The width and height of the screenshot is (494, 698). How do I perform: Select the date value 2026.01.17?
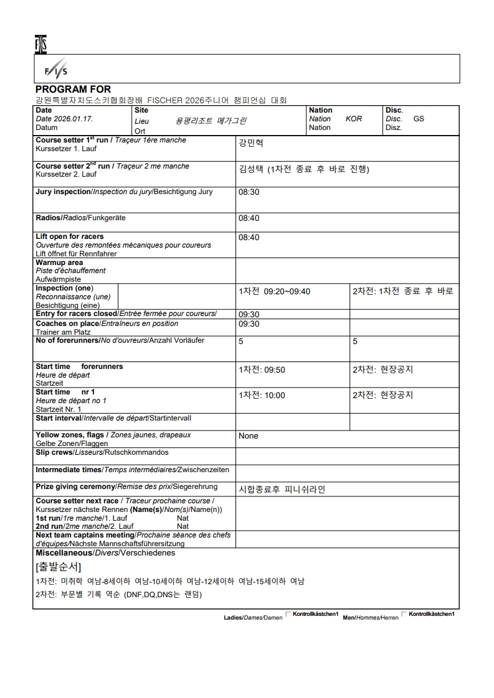74,119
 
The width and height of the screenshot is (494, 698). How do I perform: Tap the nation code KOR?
353,119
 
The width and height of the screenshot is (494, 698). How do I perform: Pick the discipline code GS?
419,119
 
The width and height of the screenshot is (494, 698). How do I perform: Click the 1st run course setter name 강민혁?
250,143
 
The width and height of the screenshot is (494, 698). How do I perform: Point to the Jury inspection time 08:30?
249,192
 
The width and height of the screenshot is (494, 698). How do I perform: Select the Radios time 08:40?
249,218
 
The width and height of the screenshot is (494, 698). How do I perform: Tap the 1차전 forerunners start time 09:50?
274,370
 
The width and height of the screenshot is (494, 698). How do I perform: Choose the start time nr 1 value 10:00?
274,396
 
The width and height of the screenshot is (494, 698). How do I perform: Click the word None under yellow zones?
248,436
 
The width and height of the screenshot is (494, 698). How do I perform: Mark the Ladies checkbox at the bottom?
288,614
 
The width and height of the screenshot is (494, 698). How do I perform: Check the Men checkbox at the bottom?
404,614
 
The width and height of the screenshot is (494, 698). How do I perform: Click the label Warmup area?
59,263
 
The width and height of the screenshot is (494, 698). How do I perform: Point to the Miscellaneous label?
64,552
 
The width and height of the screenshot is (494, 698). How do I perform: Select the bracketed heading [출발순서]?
58,567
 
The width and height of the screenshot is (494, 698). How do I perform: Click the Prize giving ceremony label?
75,486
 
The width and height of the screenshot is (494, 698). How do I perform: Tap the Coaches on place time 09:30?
249,324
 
